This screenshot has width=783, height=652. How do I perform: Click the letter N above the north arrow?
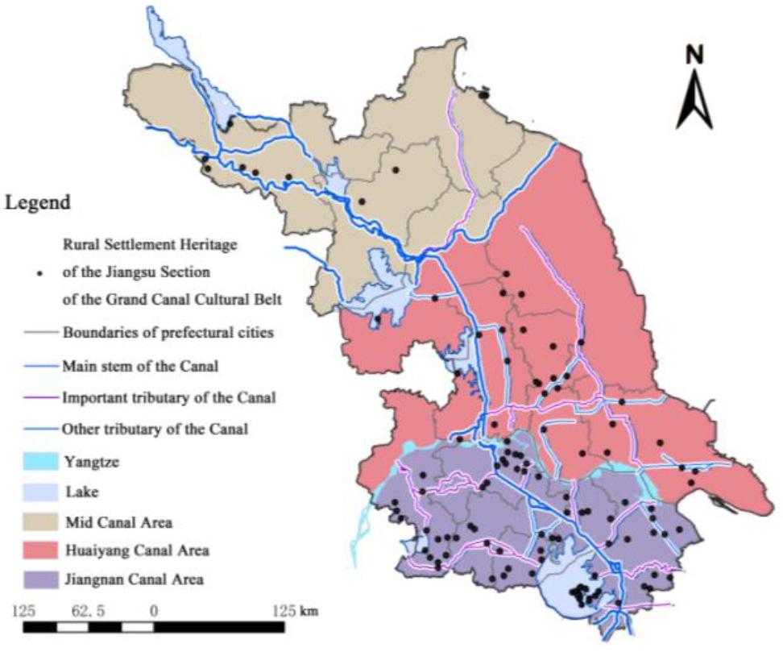694,55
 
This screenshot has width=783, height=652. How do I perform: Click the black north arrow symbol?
694,101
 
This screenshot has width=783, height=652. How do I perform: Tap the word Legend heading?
38,202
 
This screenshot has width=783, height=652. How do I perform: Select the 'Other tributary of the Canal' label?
155,429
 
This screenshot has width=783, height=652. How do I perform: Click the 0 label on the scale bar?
153,610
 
